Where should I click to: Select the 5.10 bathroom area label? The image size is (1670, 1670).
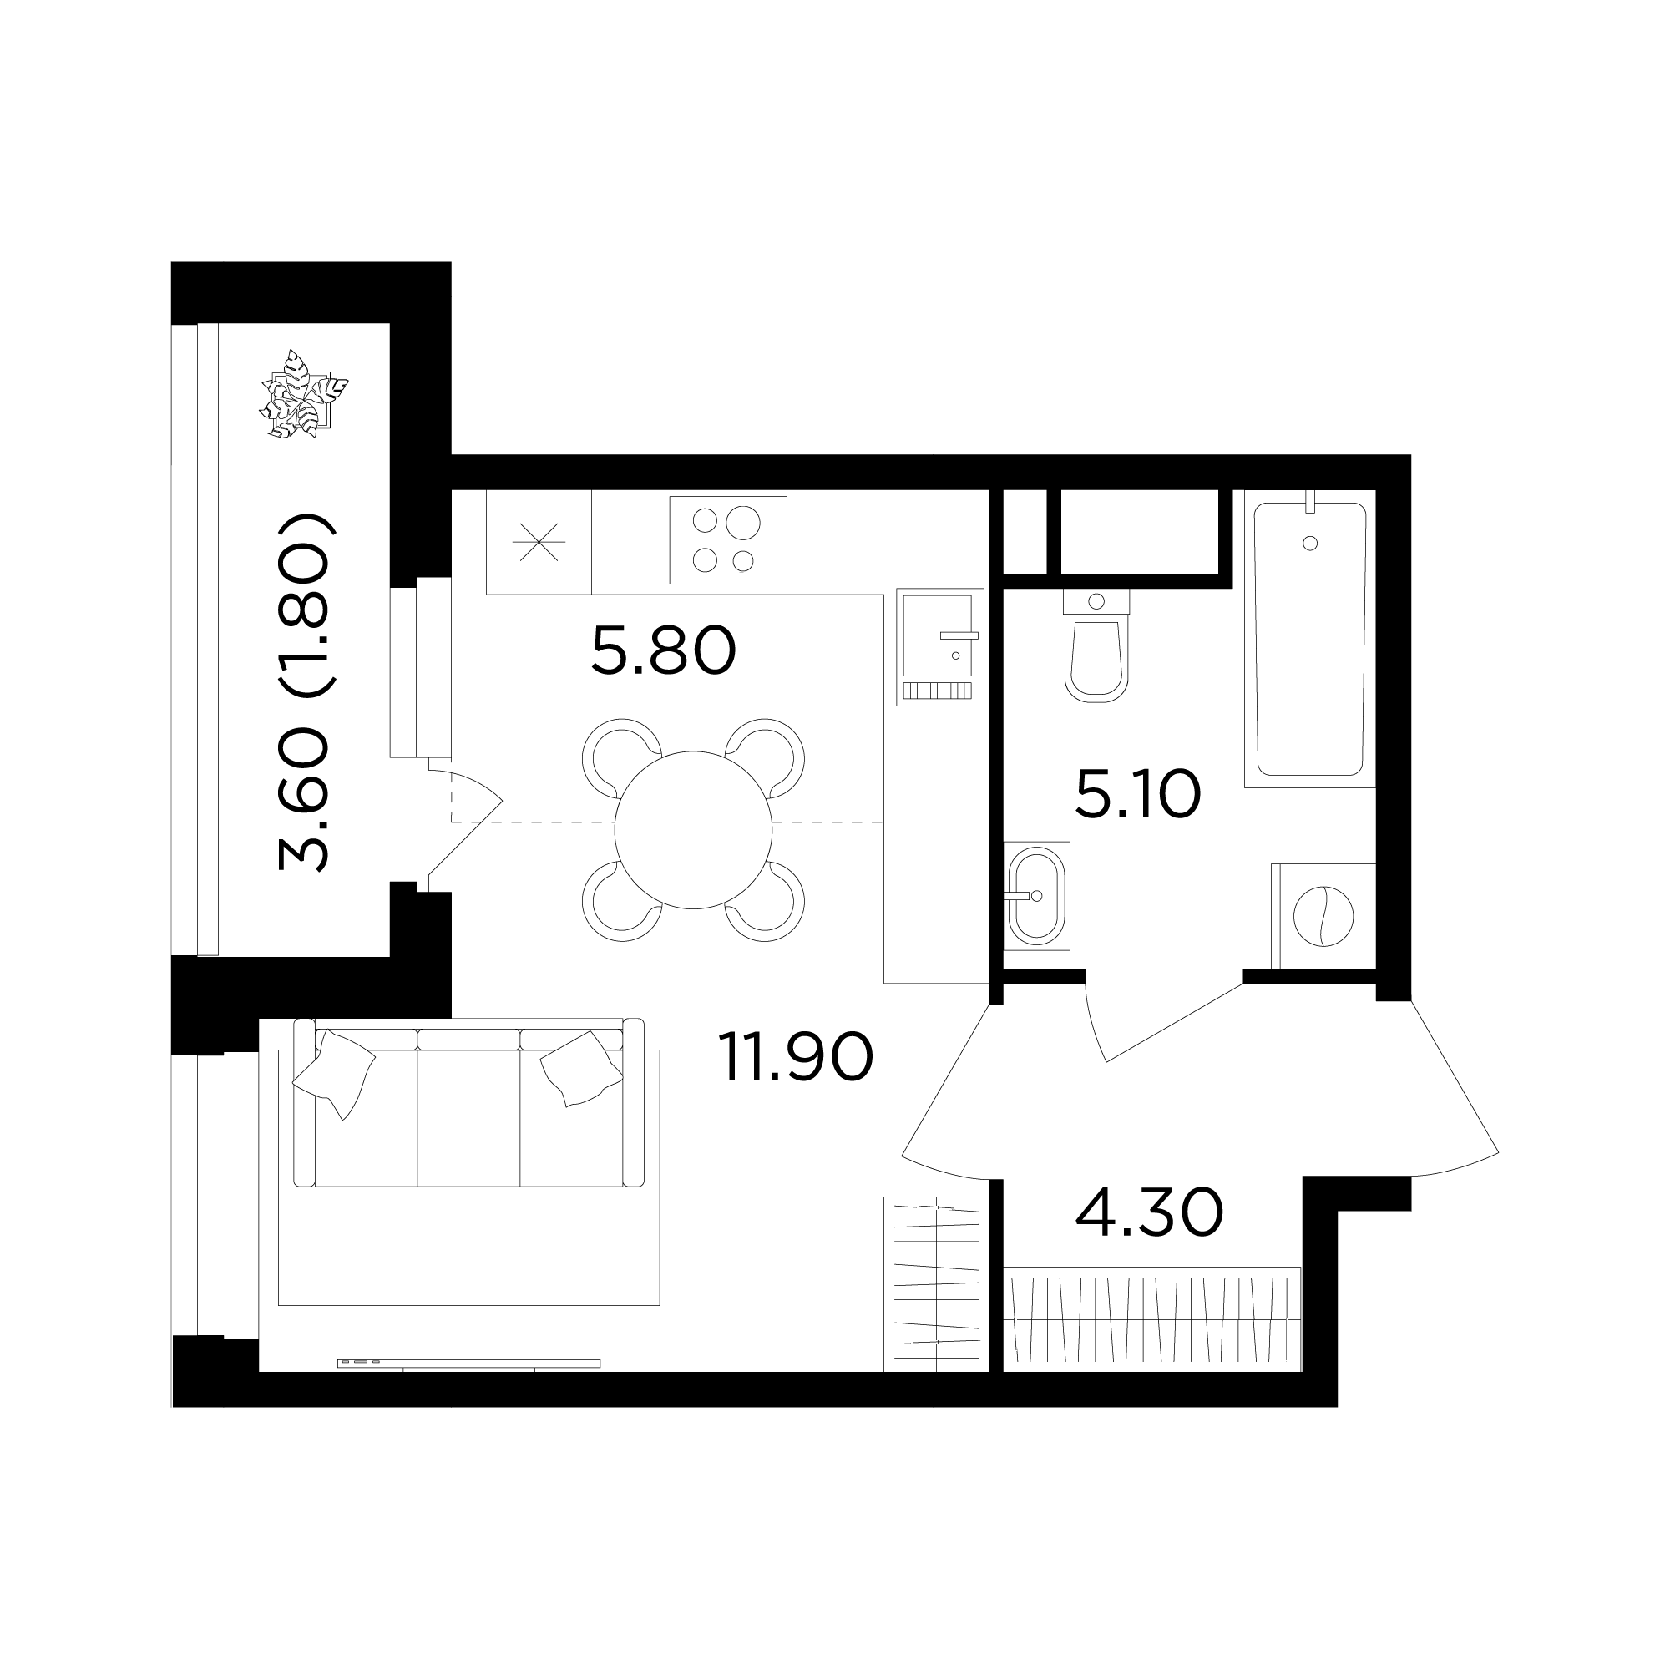click(x=1137, y=795)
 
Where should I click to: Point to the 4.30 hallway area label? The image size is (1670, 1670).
click(x=1149, y=1212)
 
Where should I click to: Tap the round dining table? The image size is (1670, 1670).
click(x=693, y=830)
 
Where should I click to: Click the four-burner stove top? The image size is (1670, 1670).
click(x=728, y=540)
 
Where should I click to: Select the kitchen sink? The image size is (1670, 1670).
click(x=940, y=646)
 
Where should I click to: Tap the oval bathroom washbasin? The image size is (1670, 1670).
click(x=1036, y=896)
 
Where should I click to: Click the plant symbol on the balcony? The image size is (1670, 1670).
click(x=303, y=394)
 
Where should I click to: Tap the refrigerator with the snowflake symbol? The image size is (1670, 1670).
click(x=539, y=542)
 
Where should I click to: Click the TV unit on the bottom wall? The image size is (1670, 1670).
click(x=468, y=1364)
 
